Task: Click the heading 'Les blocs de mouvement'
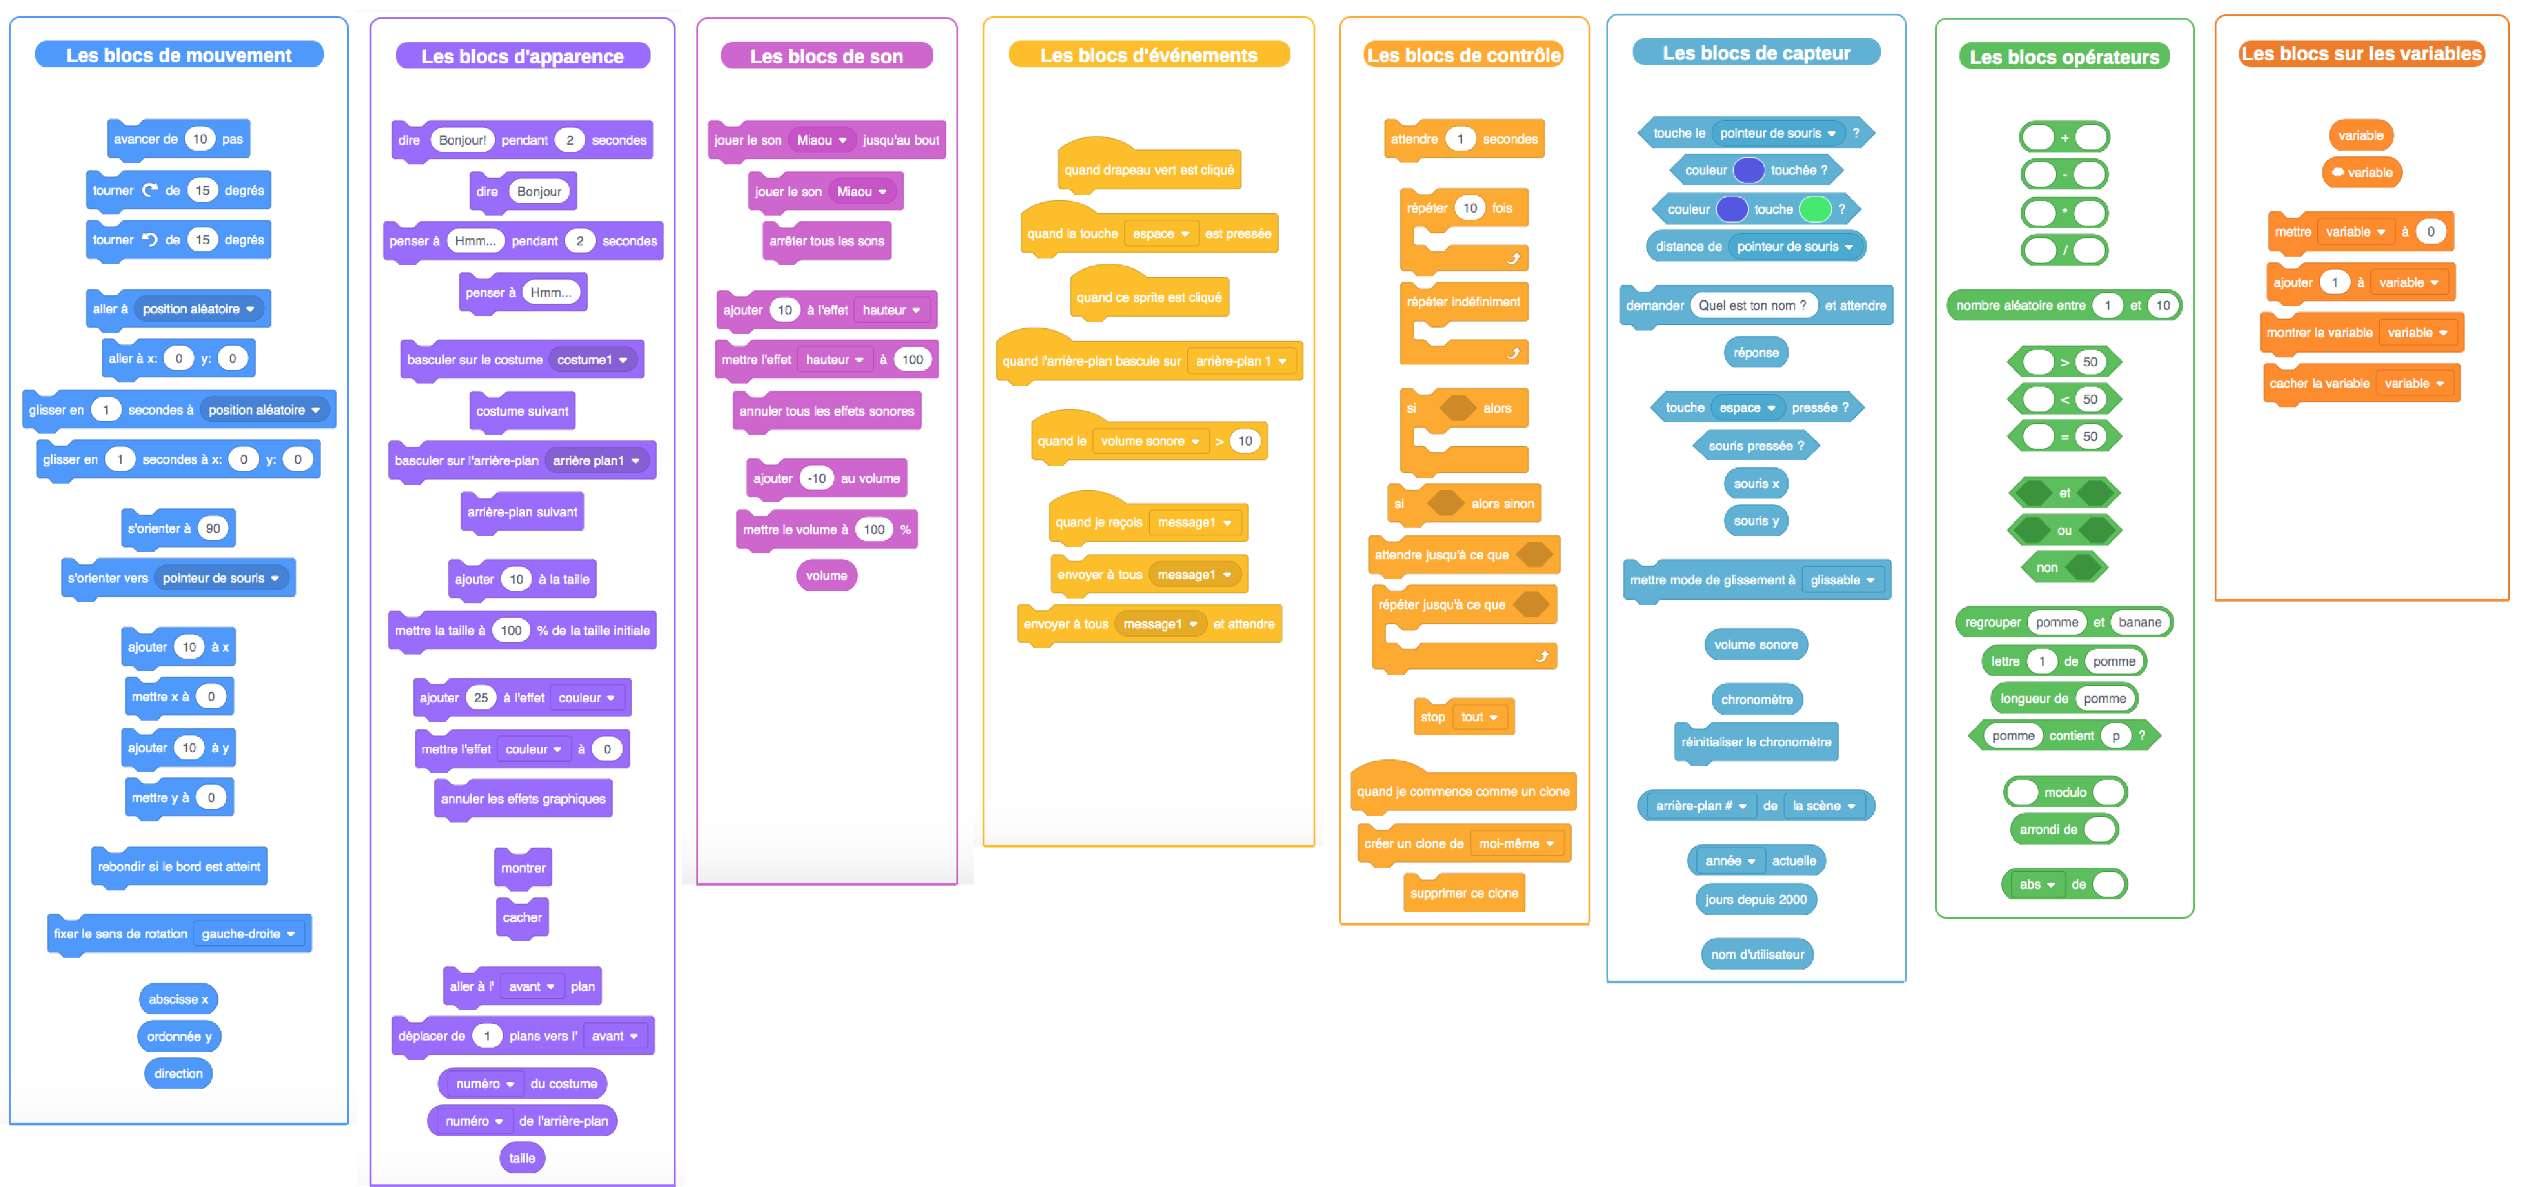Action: (179, 55)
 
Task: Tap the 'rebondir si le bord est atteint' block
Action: (179, 866)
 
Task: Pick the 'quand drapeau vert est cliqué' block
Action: (1148, 170)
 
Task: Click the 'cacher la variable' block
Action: (2318, 384)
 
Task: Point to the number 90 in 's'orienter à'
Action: (213, 528)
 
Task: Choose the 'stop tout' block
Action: (1463, 717)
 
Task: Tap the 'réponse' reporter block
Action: (1755, 352)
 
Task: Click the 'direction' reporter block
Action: (179, 1073)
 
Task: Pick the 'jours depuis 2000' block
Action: (1755, 899)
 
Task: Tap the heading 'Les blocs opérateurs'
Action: (2064, 57)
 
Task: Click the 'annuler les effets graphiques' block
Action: (523, 799)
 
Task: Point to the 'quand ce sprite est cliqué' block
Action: (1148, 297)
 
